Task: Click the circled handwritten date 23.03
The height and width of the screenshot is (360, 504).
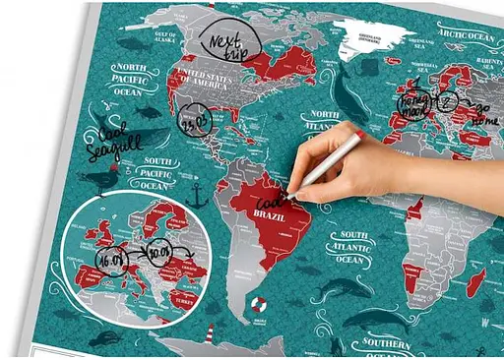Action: tap(193, 125)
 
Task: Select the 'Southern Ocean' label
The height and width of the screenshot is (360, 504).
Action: tap(385, 343)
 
